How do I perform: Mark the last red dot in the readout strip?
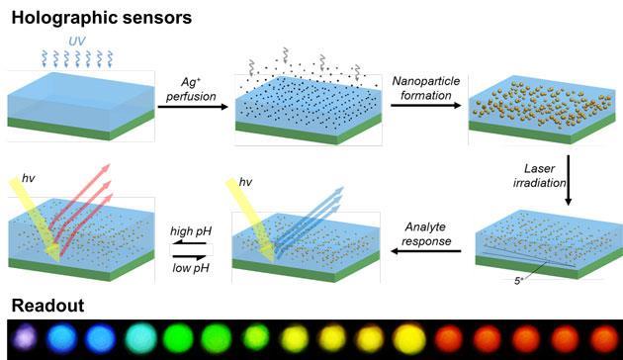click(x=602, y=338)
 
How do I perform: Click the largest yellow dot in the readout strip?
click(x=409, y=338)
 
